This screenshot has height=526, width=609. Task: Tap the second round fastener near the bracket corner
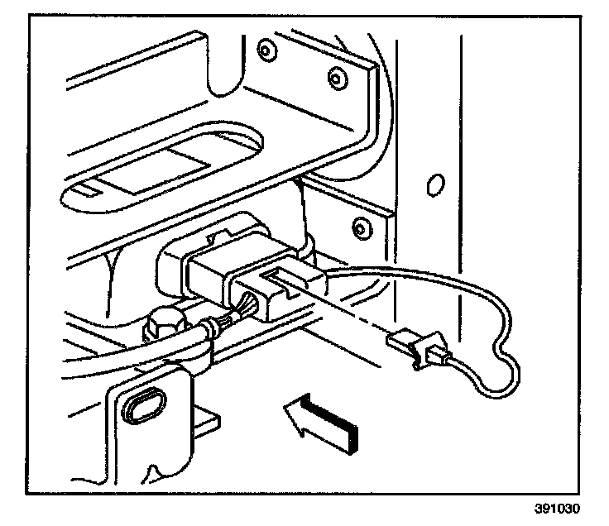click(335, 78)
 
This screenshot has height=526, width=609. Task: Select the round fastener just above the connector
click(358, 226)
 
